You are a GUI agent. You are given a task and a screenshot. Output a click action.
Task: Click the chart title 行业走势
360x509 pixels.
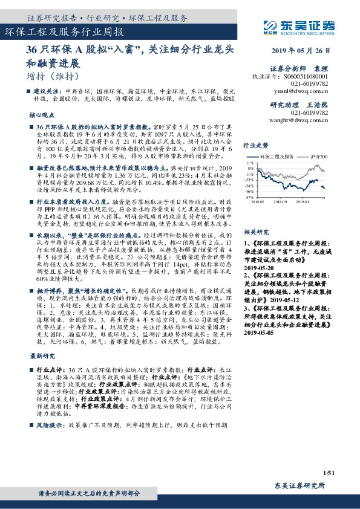pyautogui.click(x=255, y=146)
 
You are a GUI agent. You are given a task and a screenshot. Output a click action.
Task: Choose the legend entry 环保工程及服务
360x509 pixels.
pyautogui.click(x=278, y=157)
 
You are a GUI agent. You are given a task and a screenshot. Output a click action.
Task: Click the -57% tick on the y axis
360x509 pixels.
pyautogui.click(x=249, y=197)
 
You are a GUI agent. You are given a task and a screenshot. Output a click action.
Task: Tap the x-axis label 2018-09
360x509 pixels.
pyautogui.click(x=280, y=202)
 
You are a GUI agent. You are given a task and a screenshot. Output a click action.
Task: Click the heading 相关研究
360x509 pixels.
pyautogui.click(x=255, y=232)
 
